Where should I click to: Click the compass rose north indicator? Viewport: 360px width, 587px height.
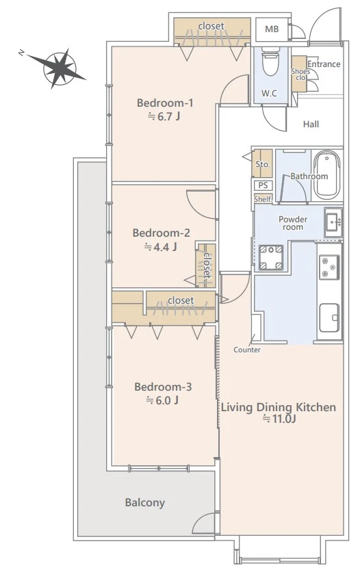tap(22, 53)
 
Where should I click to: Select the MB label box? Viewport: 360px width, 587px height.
tap(272, 29)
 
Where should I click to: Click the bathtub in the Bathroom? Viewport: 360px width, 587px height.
tap(326, 176)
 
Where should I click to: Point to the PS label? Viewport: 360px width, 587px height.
tap(263, 185)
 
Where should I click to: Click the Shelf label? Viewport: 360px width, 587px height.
tap(263, 199)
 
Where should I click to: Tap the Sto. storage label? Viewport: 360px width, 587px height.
tap(263, 164)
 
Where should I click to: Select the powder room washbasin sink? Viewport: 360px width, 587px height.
tap(333, 222)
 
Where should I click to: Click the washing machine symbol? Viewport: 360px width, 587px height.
tap(271, 257)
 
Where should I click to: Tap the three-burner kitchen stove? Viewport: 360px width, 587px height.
tap(329, 267)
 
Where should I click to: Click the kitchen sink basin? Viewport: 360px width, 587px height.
tap(329, 318)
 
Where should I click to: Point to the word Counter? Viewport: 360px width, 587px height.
tap(247, 350)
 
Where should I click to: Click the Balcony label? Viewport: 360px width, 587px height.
tap(145, 502)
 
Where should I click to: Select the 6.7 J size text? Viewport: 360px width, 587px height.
tap(164, 116)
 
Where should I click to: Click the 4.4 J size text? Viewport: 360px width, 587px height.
tap(161, 247)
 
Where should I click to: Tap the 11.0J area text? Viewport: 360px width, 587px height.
tap(279, 419)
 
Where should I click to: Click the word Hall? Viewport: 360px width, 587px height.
tap(311, 124)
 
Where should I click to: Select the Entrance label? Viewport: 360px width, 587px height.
tap(324, 64)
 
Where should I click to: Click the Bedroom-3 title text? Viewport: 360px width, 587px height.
tap(163, 387)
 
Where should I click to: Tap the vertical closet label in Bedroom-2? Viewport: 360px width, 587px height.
tap(207, 265)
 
